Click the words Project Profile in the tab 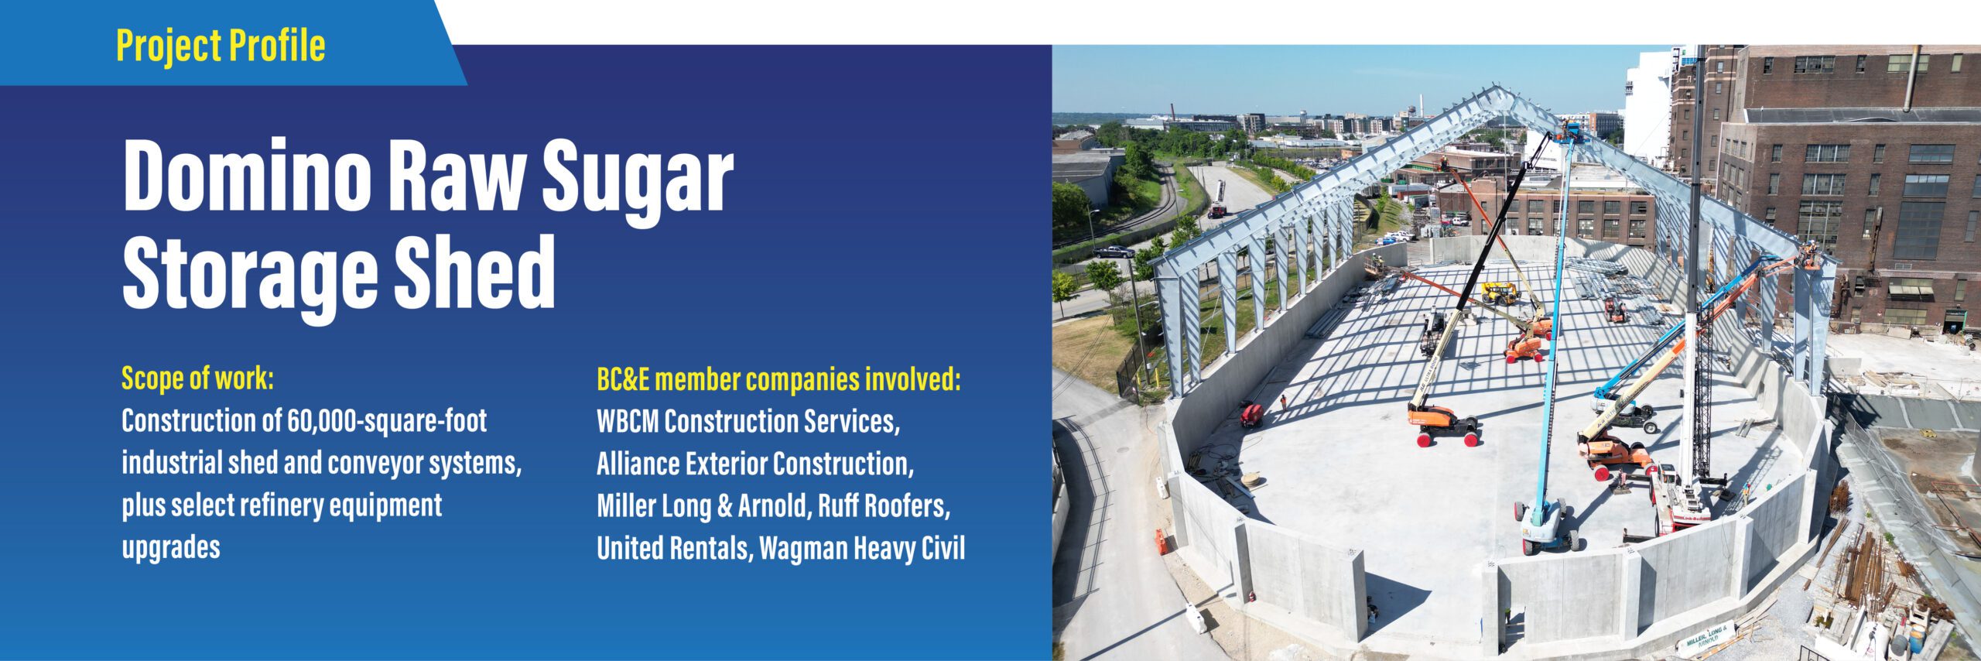pyautogui.click(x=221, y=46)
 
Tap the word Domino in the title pyautogui.click(x=247, y=175)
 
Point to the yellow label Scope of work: pyautogui.click(x=198, y=379)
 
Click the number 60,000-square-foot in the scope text pyautogui.click(x=387, y=421)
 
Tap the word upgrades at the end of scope pyautogui.click(x=171, y=548)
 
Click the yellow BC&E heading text pyautogui.click(x=778, y=379)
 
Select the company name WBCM pyautogui.click(x=628, y=422)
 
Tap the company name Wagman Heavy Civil pyautogui.click(x=862, y=549)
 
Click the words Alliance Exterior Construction pyautogui.click(x=754, y=464)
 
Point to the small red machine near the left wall pyautogui.click(x=1251, y=415)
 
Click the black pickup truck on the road pyautogui.click(x=1113, y=251)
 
